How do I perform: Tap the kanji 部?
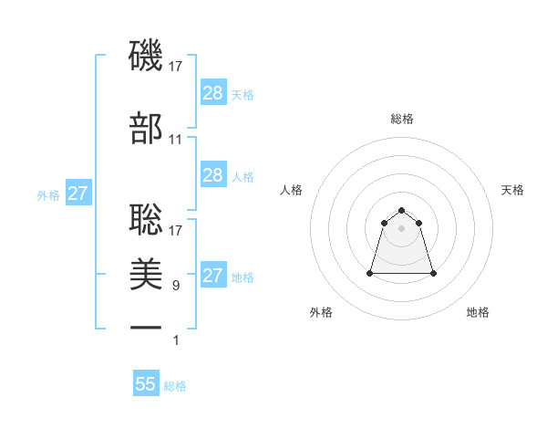146,128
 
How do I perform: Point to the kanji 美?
146,273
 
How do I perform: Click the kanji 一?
146,327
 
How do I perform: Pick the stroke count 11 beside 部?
176,140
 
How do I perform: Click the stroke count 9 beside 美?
176,286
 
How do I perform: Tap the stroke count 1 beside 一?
176,340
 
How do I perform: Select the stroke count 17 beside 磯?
176,67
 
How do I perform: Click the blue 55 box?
146,384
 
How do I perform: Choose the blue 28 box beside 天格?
212,93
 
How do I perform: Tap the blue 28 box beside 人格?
212,175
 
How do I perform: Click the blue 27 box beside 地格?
212,276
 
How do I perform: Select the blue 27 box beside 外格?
78,194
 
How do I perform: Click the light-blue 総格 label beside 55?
175,386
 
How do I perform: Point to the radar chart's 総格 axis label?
401,119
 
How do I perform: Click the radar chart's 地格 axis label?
478,312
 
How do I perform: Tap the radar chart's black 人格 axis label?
291,190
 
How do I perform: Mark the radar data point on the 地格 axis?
433,273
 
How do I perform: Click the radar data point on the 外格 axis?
370,272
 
